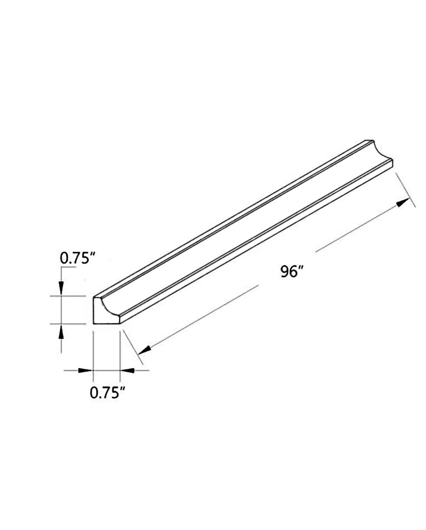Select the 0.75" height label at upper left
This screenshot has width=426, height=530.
pos(78,257)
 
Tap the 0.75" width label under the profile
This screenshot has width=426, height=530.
pos(106,393)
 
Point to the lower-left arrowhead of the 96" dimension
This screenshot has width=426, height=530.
pos(144,350)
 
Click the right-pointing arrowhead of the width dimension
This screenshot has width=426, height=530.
pos(86,370)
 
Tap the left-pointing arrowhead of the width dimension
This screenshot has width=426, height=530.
pos(127,370)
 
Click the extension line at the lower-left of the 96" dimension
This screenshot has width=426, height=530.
pos(135,347)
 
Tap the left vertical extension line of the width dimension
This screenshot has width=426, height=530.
pos(93,350)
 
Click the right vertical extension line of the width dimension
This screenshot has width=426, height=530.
pos(120,350)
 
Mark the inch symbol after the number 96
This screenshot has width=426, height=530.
pos(303,269)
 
